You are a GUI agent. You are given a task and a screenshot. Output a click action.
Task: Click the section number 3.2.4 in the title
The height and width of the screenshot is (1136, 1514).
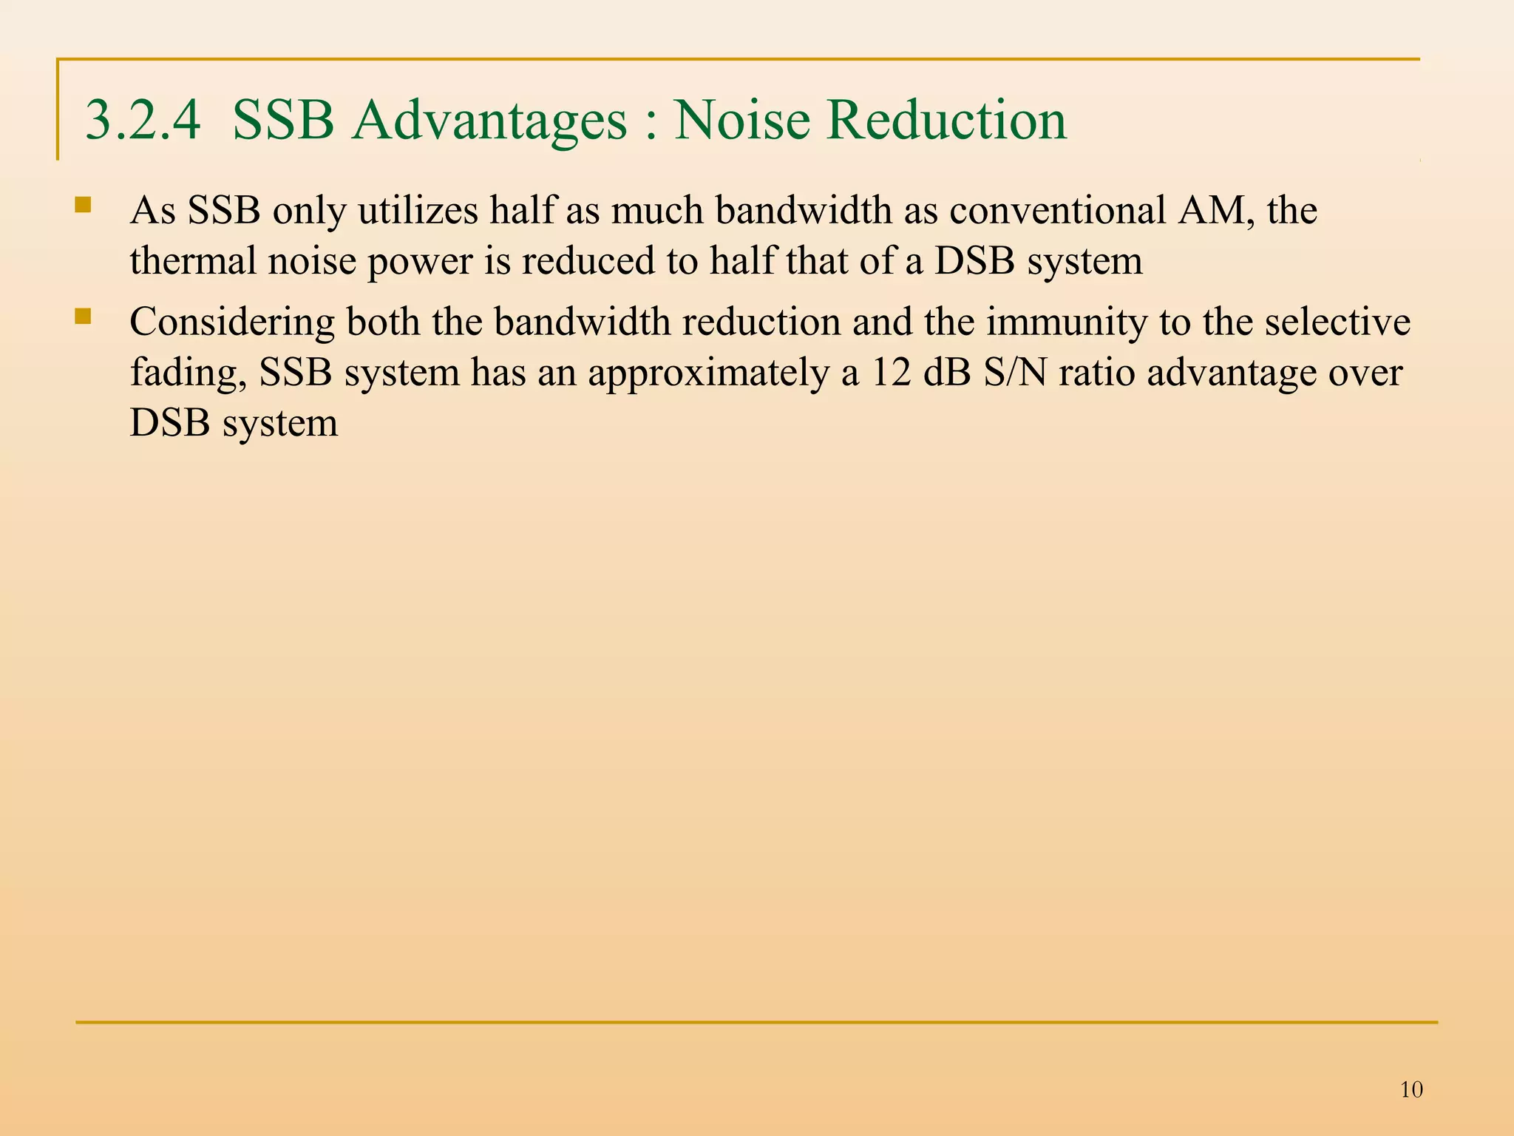pyautogui.click(x=143, y=120)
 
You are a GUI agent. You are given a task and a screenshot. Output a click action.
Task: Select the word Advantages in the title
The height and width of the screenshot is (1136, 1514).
pyautogui.click(x=489, y=120)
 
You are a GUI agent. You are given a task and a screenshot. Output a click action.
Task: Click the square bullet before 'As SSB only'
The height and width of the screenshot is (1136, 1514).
pyautogui.click(x=83, y=204)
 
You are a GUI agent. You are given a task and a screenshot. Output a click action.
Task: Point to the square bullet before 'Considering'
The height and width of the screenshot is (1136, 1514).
pyautogui.click(x=83, y=317)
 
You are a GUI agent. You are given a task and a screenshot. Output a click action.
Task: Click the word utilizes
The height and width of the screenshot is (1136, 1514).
pyautogui.click(x=418, y=211)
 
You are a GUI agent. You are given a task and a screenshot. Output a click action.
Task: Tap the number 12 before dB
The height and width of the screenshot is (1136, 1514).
pyautogui.click(x=892, y=373)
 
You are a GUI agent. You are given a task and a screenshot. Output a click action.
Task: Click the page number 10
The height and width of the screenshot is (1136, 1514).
pyautogui.click(x=1411, y=1089)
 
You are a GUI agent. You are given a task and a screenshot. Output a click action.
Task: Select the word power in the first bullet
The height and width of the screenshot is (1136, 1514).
pyautogui.click(x=419, y=261)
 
